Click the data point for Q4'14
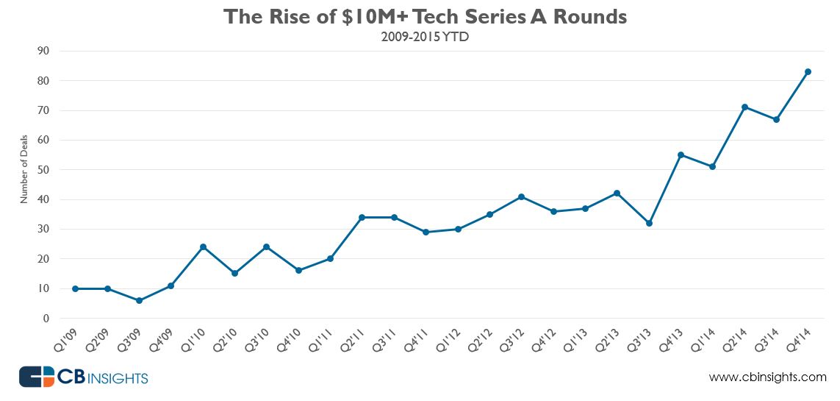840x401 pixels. click(808, 71)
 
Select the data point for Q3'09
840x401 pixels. click(139, 300)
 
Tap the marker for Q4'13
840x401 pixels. click(681, 155)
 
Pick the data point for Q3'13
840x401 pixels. click(649, 223)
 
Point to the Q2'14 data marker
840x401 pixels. click(744, 107)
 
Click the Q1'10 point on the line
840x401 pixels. click(203, 246)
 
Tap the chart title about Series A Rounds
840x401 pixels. click(426, 17)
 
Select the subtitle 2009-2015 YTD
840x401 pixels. click(425, 36)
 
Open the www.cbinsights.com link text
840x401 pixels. click(767, 377)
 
